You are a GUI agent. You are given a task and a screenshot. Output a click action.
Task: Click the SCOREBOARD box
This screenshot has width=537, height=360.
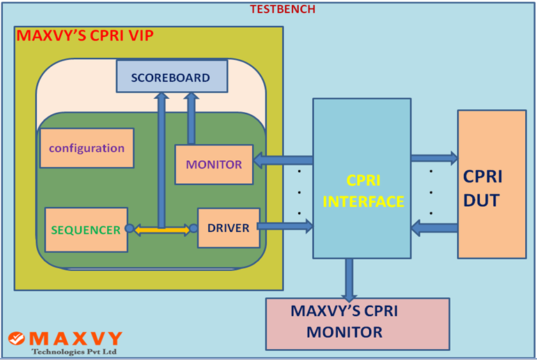point(171,77)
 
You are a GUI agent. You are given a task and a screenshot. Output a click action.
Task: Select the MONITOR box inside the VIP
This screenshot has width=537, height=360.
point(214,164)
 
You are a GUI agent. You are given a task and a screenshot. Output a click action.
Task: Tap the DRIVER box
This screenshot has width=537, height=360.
point(228,228)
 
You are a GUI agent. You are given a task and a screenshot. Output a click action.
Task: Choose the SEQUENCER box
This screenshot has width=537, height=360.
point(86,229)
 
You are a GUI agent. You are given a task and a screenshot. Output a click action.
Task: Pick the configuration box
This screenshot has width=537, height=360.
point(86,148)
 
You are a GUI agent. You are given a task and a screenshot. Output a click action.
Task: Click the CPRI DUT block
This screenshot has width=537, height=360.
point(492,184)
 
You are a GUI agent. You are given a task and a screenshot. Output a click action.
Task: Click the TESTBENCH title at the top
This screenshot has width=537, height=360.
point(283,9)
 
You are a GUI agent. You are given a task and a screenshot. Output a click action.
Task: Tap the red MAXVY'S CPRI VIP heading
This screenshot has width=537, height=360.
point(85,36)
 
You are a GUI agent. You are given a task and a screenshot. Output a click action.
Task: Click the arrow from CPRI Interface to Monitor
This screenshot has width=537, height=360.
point(282,161)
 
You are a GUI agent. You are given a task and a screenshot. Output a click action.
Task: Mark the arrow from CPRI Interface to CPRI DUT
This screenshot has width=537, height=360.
point(433,157)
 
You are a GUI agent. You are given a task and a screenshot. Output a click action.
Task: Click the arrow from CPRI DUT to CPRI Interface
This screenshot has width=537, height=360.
point(433,227)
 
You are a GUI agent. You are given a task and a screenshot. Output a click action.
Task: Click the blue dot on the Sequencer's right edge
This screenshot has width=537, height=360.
point(129,228)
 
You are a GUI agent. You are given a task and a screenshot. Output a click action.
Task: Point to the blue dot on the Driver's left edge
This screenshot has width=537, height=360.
point(194,228)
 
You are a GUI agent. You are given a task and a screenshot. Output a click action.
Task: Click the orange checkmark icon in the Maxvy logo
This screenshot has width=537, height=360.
point(17,338)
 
